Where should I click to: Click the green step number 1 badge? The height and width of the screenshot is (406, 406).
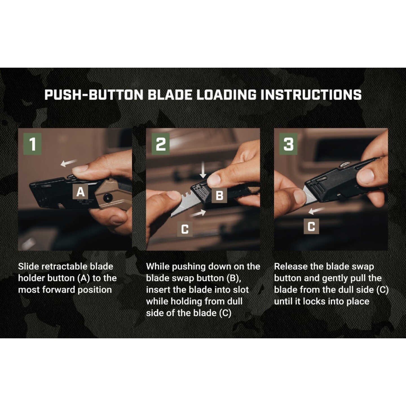(x=32, y=144)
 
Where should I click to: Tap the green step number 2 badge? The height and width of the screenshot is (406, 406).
(x=160, y=144)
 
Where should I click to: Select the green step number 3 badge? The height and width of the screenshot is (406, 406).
(x=288, y=144)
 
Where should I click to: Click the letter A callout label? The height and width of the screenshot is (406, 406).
(x=80, y=192)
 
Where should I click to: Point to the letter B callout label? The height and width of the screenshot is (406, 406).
(x=219, y=195)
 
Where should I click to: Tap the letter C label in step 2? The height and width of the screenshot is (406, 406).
(x=185, y=229)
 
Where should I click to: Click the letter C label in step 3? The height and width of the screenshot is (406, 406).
(x=311, y=226)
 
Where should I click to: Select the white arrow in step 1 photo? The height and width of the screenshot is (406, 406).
(x=69, y=163)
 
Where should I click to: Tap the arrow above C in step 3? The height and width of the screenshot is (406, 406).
(x=316, y=210)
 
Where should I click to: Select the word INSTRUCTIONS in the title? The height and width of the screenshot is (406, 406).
(x=311, y=95)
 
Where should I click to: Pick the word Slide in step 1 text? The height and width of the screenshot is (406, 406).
(x=30, y=266)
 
